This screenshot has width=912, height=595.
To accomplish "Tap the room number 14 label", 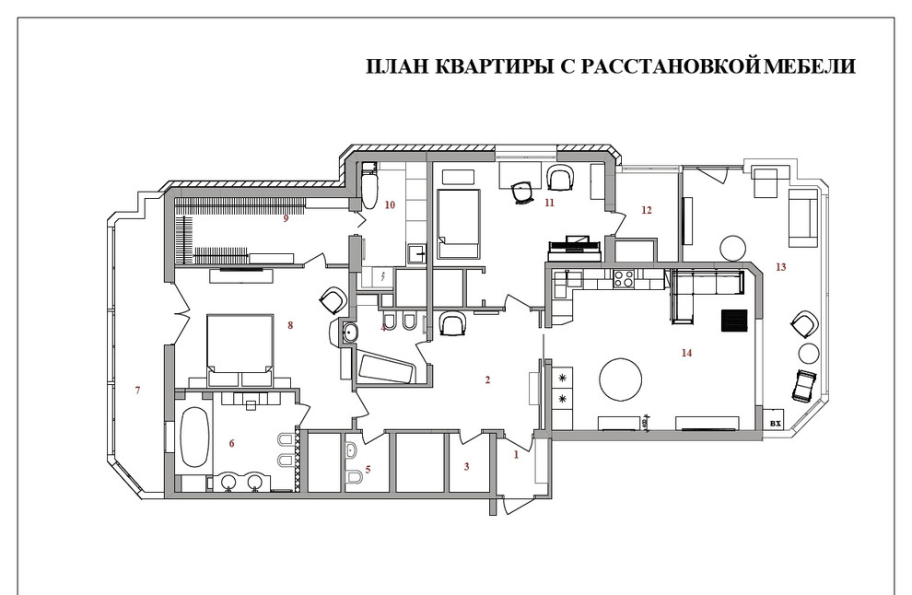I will tap(685, 353).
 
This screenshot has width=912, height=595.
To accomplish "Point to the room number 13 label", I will tap(781, 267).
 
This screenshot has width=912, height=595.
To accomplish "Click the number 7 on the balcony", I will tap(137, 391).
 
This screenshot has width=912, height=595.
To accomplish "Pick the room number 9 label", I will tap(286, 219).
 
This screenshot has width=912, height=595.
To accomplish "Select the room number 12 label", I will tap(646, 210).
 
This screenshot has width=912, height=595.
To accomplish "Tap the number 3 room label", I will tap(466, 467).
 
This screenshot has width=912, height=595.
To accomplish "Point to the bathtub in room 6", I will tap(193, 437).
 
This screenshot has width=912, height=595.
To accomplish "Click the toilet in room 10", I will tap(370, 188).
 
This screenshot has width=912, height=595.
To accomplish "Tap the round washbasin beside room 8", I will tap(349, 332).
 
